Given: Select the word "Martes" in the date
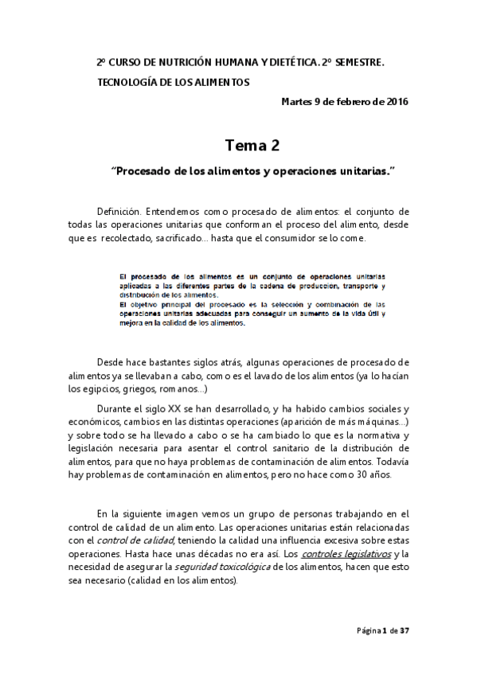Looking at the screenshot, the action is [298, 101].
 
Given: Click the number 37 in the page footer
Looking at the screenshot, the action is [404, 630].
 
